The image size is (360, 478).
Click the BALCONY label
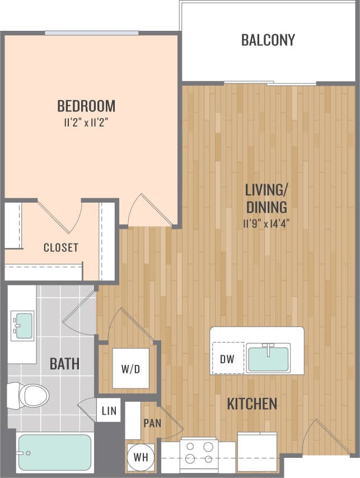268,40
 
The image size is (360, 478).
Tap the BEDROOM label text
86,105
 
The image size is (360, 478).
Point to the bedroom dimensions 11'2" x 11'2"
86,122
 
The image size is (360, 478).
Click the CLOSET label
60,247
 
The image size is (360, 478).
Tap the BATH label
64,364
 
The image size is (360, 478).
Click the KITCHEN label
252,404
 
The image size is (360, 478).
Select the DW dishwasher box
227,358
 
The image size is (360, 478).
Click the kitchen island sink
268,358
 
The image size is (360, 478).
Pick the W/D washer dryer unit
130,368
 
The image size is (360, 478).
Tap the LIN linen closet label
109,411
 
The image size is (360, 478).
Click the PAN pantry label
152,423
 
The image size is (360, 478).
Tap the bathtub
54,452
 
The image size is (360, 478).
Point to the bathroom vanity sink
23,325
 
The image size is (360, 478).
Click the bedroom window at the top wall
92,33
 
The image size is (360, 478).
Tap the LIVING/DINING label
266,198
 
